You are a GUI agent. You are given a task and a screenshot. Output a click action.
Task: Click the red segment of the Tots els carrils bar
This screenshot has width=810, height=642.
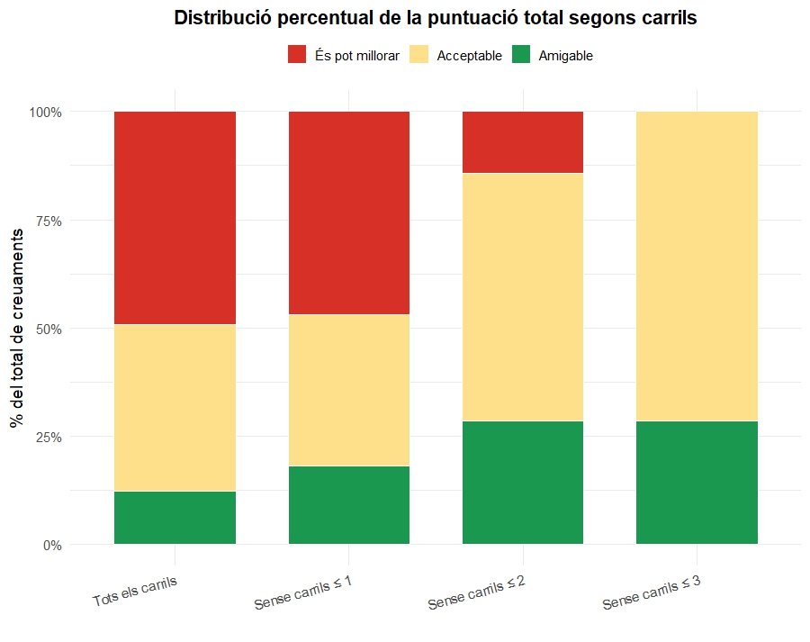(x=175, y=218)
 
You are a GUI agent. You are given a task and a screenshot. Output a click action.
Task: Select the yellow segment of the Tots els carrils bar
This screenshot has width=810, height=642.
(x=175, y=408)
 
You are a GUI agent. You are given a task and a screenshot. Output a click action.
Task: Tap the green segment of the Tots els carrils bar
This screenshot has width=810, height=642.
(x=175, y=518)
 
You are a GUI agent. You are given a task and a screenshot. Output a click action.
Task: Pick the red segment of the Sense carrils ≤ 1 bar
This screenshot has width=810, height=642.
(x=348, y=213)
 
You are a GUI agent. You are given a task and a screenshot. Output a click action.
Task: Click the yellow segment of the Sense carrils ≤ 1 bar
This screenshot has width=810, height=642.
(x=348, y=390)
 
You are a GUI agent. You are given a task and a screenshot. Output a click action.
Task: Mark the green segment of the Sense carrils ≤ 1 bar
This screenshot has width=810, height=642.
(x=348, y=505)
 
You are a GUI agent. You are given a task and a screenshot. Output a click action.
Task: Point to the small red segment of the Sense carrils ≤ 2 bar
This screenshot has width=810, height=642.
(x=523, y=142)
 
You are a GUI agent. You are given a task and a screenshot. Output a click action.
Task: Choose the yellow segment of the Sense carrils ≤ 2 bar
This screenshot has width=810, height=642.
(x=523, y=297)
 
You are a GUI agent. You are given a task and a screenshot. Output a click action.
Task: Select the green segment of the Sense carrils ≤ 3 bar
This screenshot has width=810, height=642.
(x=697, y=483)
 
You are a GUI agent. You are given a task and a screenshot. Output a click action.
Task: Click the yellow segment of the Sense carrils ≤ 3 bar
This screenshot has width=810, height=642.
(x=697, y=267)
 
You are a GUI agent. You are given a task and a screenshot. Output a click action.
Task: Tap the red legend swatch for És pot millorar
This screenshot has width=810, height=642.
(x=297, y=54)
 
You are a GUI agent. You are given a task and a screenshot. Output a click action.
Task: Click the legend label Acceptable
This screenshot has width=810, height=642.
(x=469, y=56)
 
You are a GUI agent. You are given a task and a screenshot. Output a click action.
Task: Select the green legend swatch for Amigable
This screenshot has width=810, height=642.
(x=521, y=54)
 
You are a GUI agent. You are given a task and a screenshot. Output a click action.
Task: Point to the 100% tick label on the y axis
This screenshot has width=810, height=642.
(x=46, y=113)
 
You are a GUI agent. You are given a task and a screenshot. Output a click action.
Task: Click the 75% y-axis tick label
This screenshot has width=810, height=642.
(x=49, y=221)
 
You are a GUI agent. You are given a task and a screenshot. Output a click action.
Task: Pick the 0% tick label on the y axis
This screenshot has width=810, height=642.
(x=52, y=545)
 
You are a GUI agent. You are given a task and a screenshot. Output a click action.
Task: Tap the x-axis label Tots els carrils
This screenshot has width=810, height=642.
(x=135, y=592)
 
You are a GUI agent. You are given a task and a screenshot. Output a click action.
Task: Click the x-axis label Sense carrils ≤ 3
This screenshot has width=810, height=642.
(x=652, y=592)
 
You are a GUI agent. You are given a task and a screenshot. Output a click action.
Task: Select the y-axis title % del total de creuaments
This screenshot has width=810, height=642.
(x=17, y=328)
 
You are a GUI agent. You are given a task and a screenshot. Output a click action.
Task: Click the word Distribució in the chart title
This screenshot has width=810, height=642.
(x=222, y=18)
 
